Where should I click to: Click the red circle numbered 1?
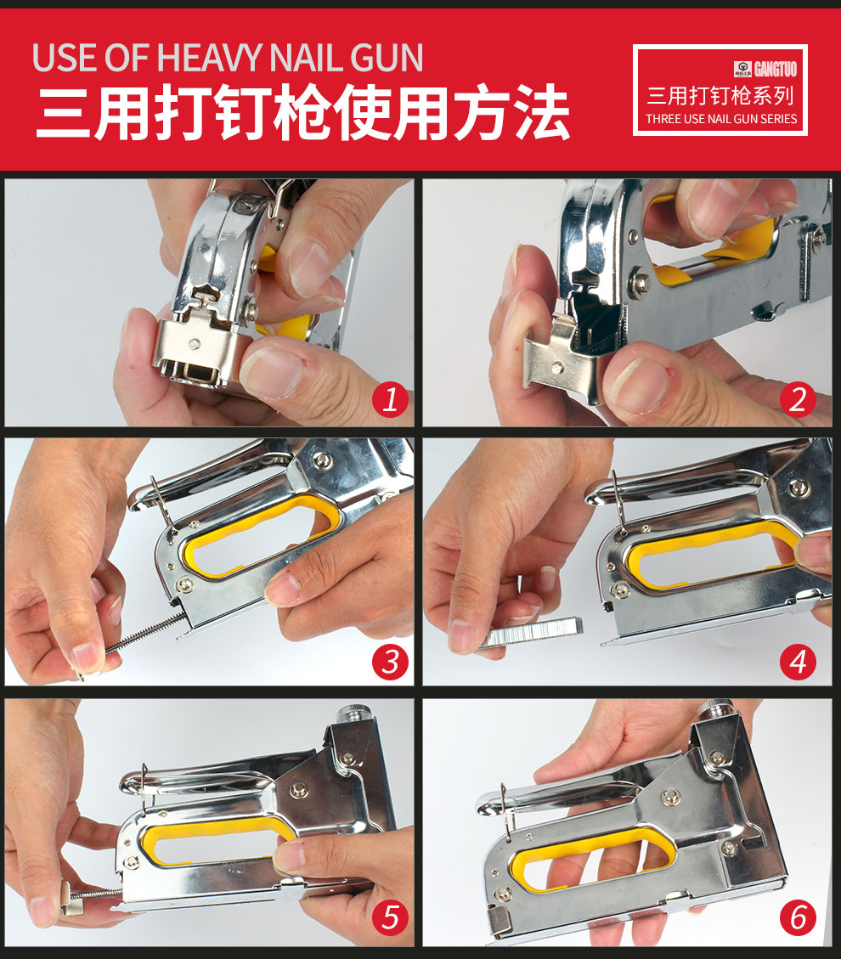click(x=389, y=399)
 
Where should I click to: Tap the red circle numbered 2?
click(x=797, y=399)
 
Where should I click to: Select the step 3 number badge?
click(x=389, y=661)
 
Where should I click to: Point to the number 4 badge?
click(x=797, y=661)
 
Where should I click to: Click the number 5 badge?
click(x=389, y=917)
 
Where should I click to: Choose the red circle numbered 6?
click(x=797, y=917)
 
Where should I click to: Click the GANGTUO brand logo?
click(x=764, y=69)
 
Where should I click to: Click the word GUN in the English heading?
click(x=387, y=58)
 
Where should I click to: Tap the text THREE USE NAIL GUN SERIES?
click(x=721, y=119)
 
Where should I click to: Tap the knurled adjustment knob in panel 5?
click(x=350, y=714)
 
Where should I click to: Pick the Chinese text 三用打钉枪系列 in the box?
click(x=720, y=95)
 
